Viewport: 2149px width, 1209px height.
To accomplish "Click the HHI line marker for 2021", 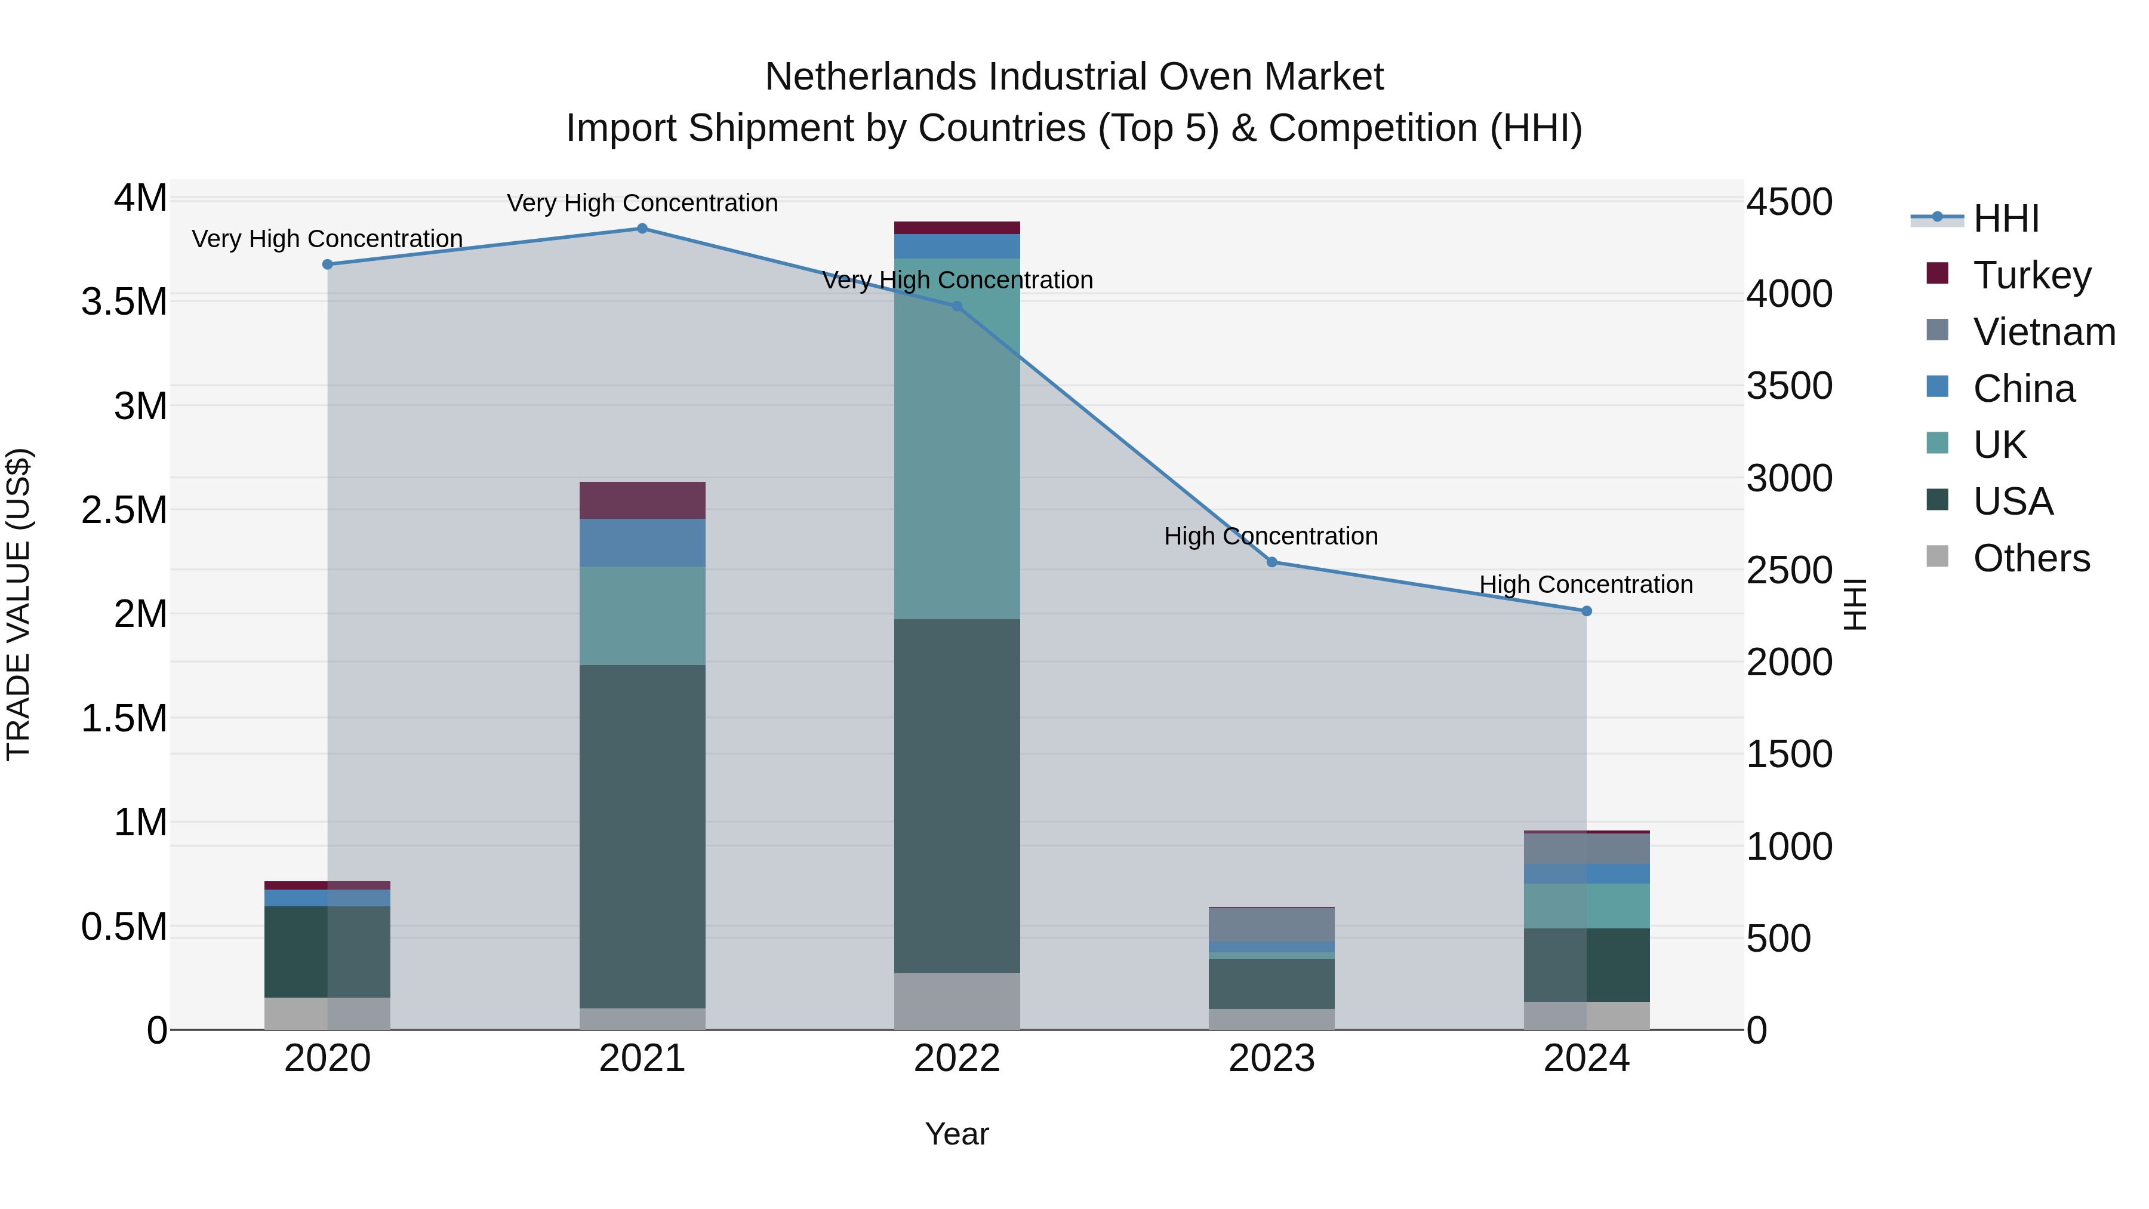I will coord(642,229).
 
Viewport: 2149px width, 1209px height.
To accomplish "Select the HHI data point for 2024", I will coord(1586,611).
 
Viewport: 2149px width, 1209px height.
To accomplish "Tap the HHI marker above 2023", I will coord(1271,562).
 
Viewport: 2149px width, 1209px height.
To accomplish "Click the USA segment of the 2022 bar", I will coord(957,795).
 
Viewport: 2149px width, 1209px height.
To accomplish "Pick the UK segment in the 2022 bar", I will coord(957,438).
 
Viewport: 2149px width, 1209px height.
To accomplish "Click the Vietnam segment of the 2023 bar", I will coord(1271,924).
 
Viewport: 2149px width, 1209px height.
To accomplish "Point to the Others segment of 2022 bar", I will coord(957,1001).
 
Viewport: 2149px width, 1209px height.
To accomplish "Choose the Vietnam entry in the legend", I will coord(2043,331).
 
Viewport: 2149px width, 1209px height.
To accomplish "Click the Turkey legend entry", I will coord(2031,275).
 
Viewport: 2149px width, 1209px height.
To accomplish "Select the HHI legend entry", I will coord(2006,219).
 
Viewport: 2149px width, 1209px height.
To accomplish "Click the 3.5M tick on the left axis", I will coord(124,302).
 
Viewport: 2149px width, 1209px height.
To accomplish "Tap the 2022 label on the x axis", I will coord(957,1059).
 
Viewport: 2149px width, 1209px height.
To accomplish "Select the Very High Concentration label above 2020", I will coord(327,239).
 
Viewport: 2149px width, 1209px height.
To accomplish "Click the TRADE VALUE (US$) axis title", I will coord(19,604).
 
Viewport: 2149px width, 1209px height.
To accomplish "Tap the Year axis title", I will coord(957,1134).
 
